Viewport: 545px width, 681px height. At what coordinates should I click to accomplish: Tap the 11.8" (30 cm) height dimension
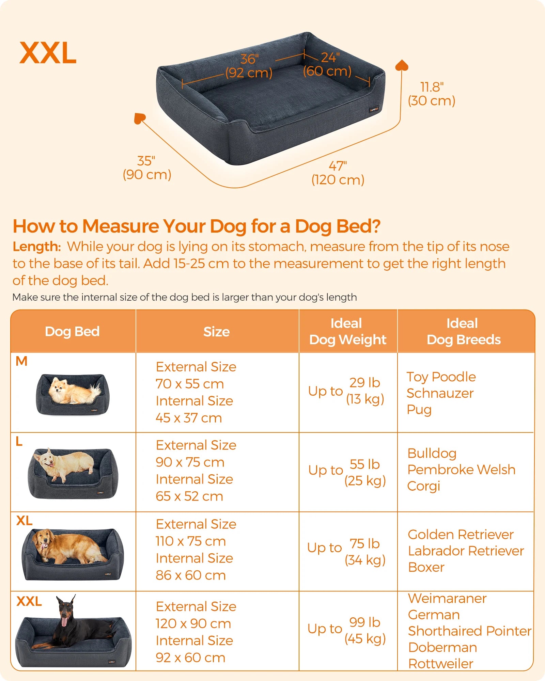tap(432, 94)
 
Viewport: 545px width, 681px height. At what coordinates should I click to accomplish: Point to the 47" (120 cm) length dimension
tap(338, 173)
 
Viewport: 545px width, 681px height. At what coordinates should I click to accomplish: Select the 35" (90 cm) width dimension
tap(147, 168)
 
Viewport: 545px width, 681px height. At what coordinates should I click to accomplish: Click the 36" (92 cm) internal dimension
tap(249, 66)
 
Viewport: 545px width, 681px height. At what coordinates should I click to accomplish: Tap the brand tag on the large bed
tap(374, 110)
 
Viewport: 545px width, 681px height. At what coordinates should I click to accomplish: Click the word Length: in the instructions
tap(37, 247)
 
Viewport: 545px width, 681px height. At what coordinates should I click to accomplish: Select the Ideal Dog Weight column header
tap(348, 331)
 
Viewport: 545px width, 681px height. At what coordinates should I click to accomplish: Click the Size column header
tap(217, 332)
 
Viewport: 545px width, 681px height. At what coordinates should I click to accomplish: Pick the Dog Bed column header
tap(72, 332)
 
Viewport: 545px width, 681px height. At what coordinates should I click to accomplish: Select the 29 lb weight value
tap(365, 383)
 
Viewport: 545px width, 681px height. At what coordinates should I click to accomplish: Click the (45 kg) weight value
tap(365, 639)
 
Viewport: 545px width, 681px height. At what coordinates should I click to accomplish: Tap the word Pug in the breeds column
tap(419, 410)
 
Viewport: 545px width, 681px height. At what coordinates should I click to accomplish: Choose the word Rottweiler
tap(441, 664)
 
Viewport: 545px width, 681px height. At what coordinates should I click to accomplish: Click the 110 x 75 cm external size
tap(191, 541)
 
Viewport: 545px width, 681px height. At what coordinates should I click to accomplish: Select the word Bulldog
tap(432, 454)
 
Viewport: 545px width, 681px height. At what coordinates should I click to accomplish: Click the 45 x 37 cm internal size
tap(189, 418)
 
